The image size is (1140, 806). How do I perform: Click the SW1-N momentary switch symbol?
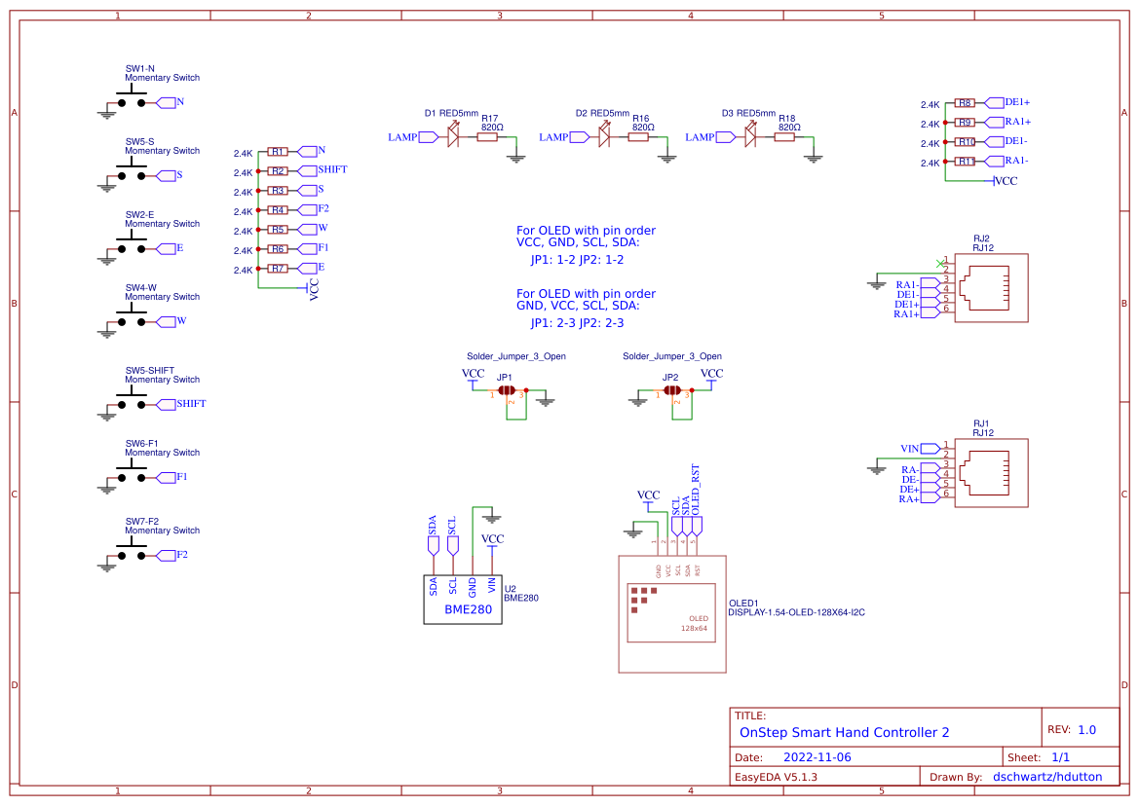(132, 98)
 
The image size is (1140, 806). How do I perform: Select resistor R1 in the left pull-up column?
(278, 152)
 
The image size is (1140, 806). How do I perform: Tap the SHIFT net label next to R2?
(331, 170)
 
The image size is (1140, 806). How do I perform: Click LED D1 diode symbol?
(453, 137)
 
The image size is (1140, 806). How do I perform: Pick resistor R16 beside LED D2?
(638, 137)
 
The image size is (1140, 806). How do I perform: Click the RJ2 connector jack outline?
(991, 288)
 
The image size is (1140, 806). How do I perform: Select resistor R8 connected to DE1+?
(965, 102)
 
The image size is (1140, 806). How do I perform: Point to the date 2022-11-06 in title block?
(817, 756)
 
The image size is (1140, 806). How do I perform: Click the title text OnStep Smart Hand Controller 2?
(844, 732)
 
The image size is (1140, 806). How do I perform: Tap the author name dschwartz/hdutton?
(1047, 777)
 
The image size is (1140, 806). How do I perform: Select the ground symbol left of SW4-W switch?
(106, 332)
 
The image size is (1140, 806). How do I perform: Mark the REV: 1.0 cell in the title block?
(1071, 729)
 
